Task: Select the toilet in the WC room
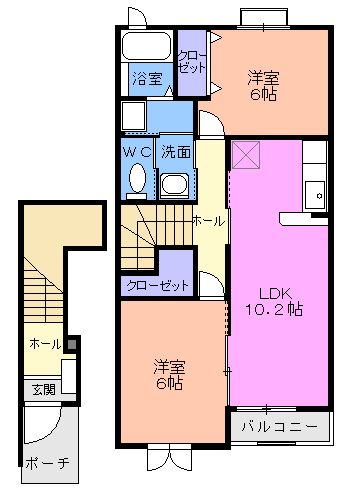pos(138,181)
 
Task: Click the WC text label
pos(137,151)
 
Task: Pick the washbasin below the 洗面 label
pos(175,184)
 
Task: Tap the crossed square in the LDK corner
pos(245,155)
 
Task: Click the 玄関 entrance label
pos(41,389)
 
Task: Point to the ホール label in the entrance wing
pos(46,344)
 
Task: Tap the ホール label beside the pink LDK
pos(208,220)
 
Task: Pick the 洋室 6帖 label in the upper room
pos(264,86)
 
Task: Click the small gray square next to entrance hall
pos(72,347)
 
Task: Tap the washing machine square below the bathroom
pos(136,116)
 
